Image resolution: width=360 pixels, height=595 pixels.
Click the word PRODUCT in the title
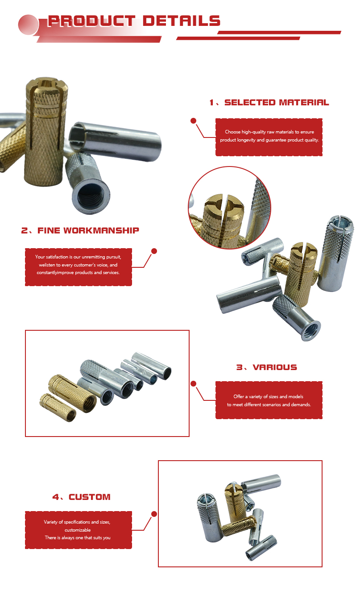[x=91, y=21]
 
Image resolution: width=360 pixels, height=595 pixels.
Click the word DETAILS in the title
[x=182, y=21]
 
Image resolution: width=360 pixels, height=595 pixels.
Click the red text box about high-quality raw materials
[x=269, y=137]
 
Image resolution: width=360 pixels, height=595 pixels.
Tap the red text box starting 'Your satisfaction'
[x=79, y=267]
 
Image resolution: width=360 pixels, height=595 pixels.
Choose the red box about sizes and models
[x=269, y=400]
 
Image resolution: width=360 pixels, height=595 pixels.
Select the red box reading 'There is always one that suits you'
[x=79, y=530]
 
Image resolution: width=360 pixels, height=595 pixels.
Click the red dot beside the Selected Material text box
[x=194, y=121]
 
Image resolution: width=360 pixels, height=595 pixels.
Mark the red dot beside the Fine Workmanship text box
[x=154, y=251]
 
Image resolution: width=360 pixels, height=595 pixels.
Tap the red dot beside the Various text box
[x=194, y=383]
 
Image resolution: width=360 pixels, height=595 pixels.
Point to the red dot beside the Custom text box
[x=154, y=514]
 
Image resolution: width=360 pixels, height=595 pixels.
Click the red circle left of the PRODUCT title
[x=28, y=25]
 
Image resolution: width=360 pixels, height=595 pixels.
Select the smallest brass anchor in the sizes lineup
[x=58, y=407]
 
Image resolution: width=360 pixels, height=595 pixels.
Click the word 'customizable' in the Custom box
[x=78, y=530]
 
